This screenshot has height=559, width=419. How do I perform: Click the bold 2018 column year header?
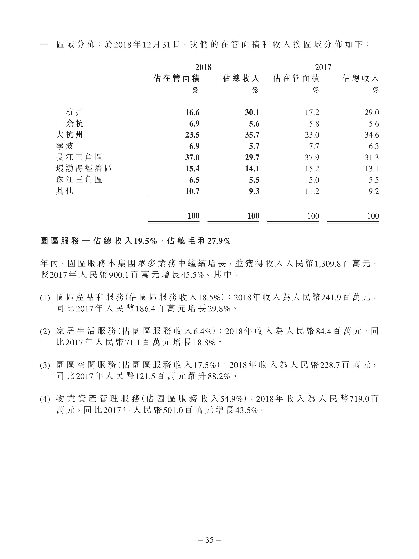pyautogui.click(x=203, y=67)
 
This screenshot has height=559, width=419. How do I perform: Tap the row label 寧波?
pyautogui.click(x=65, y=146)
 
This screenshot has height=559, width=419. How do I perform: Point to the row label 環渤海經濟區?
pyautogui.click(x=84, y=168)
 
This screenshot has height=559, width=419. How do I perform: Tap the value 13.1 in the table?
pyautogui.click(x=372, y=168)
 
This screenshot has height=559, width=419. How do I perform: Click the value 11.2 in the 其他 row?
pyautogui.click(x=312, y=191)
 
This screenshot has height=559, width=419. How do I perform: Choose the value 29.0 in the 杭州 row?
pyautogui.click(x=372, y=112)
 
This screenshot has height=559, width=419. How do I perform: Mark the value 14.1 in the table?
pyautogui.click(x=252, y=168)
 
